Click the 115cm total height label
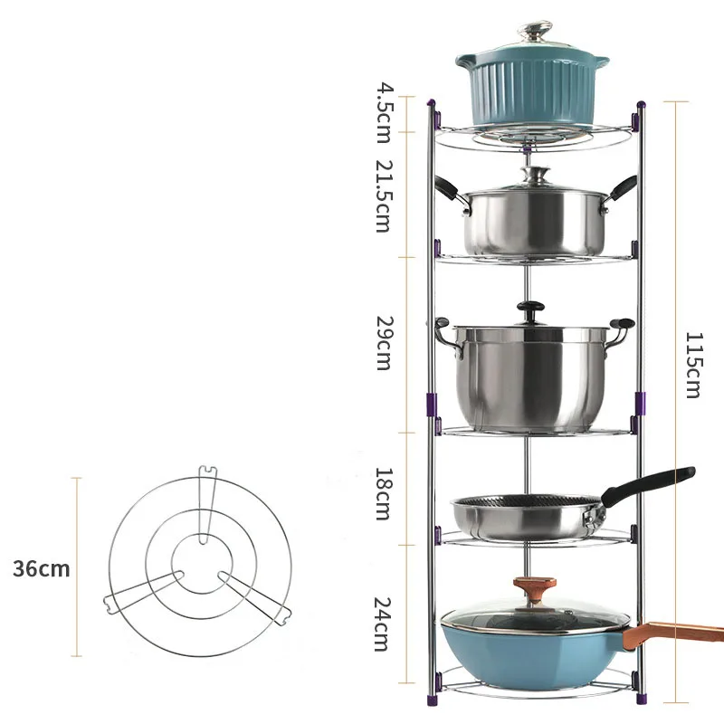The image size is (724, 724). point(692,365)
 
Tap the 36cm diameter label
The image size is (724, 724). point(41,568)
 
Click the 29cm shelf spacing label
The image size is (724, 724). point(384,343)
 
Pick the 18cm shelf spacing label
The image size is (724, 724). point(384,493)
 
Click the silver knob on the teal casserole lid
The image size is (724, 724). point(531,31)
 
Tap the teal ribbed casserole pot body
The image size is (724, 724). point(531,90)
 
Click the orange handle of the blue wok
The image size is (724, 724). point(679,630)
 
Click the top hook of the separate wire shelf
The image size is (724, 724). point(207,472)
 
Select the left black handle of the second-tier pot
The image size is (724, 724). point(447,188)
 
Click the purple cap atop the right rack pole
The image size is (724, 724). point(641,107)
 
